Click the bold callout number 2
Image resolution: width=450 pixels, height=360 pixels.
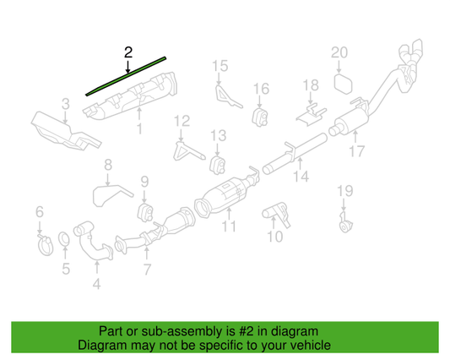pyautogui.click(x=127, y=52)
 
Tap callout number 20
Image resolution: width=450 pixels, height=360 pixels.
pyautogui.click(x=339, y=53)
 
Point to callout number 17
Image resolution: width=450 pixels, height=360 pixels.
pyautogui.click(x=356, y=152)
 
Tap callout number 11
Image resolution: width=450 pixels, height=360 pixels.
pyautogui.click(x=229, y=227)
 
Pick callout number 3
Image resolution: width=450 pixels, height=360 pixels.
pyautogui.click(x=66, y=104)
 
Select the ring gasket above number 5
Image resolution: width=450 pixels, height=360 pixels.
pyautogui.click(x=65, y=244)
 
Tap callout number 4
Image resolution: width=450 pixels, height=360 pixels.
pyautogui.click(x=96, y=285)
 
